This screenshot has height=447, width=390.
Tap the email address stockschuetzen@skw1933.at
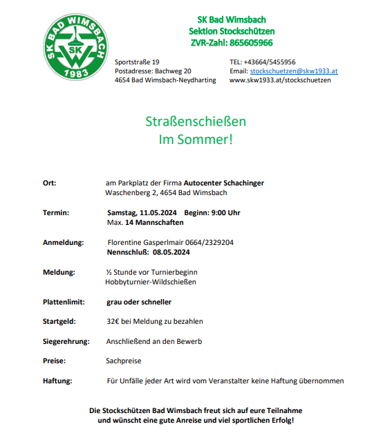point(293,71)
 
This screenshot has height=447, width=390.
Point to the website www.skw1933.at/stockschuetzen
point(280,80)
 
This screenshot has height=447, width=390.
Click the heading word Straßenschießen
point(196,122)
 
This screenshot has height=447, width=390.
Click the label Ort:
point(49,183)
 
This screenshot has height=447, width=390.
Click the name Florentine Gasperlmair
point(145,243)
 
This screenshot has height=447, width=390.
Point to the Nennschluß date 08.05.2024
point(167,253)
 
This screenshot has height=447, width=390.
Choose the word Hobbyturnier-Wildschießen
point(151,282)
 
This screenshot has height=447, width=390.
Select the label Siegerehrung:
point(66,342)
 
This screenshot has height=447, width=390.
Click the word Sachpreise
point(123,361)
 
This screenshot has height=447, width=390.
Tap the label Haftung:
point(57,381)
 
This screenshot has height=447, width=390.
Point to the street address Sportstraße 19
point(137,62)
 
